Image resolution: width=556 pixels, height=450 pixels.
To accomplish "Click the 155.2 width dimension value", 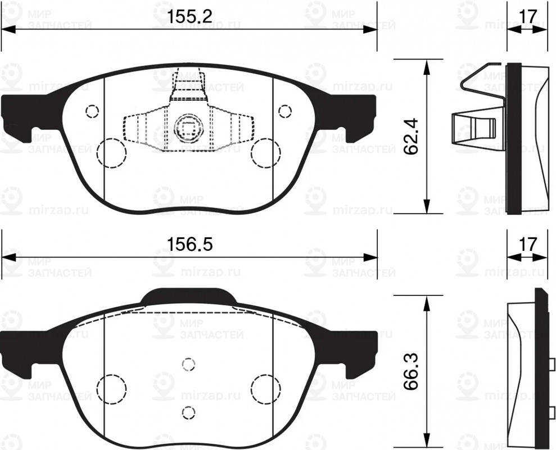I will coord(189,17).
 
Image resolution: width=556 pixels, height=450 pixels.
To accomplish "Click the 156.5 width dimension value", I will coord(189,245).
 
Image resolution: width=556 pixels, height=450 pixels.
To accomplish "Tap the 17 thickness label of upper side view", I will coord(527,17).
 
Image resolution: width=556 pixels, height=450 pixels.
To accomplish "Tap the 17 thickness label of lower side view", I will coord(527,245).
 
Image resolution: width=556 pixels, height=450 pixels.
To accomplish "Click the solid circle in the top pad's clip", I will coord(187,128).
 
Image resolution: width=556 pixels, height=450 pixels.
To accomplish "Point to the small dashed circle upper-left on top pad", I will coord(92,111).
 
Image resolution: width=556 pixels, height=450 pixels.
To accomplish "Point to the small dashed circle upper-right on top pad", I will coord(285,110).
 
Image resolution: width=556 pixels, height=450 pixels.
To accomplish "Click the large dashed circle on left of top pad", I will coord(111,153).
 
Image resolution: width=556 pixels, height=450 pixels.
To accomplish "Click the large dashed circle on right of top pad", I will coord(265,153).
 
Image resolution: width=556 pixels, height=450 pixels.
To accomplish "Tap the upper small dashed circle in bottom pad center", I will coord(188,363).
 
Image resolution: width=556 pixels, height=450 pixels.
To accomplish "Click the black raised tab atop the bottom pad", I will coord(189,296).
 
